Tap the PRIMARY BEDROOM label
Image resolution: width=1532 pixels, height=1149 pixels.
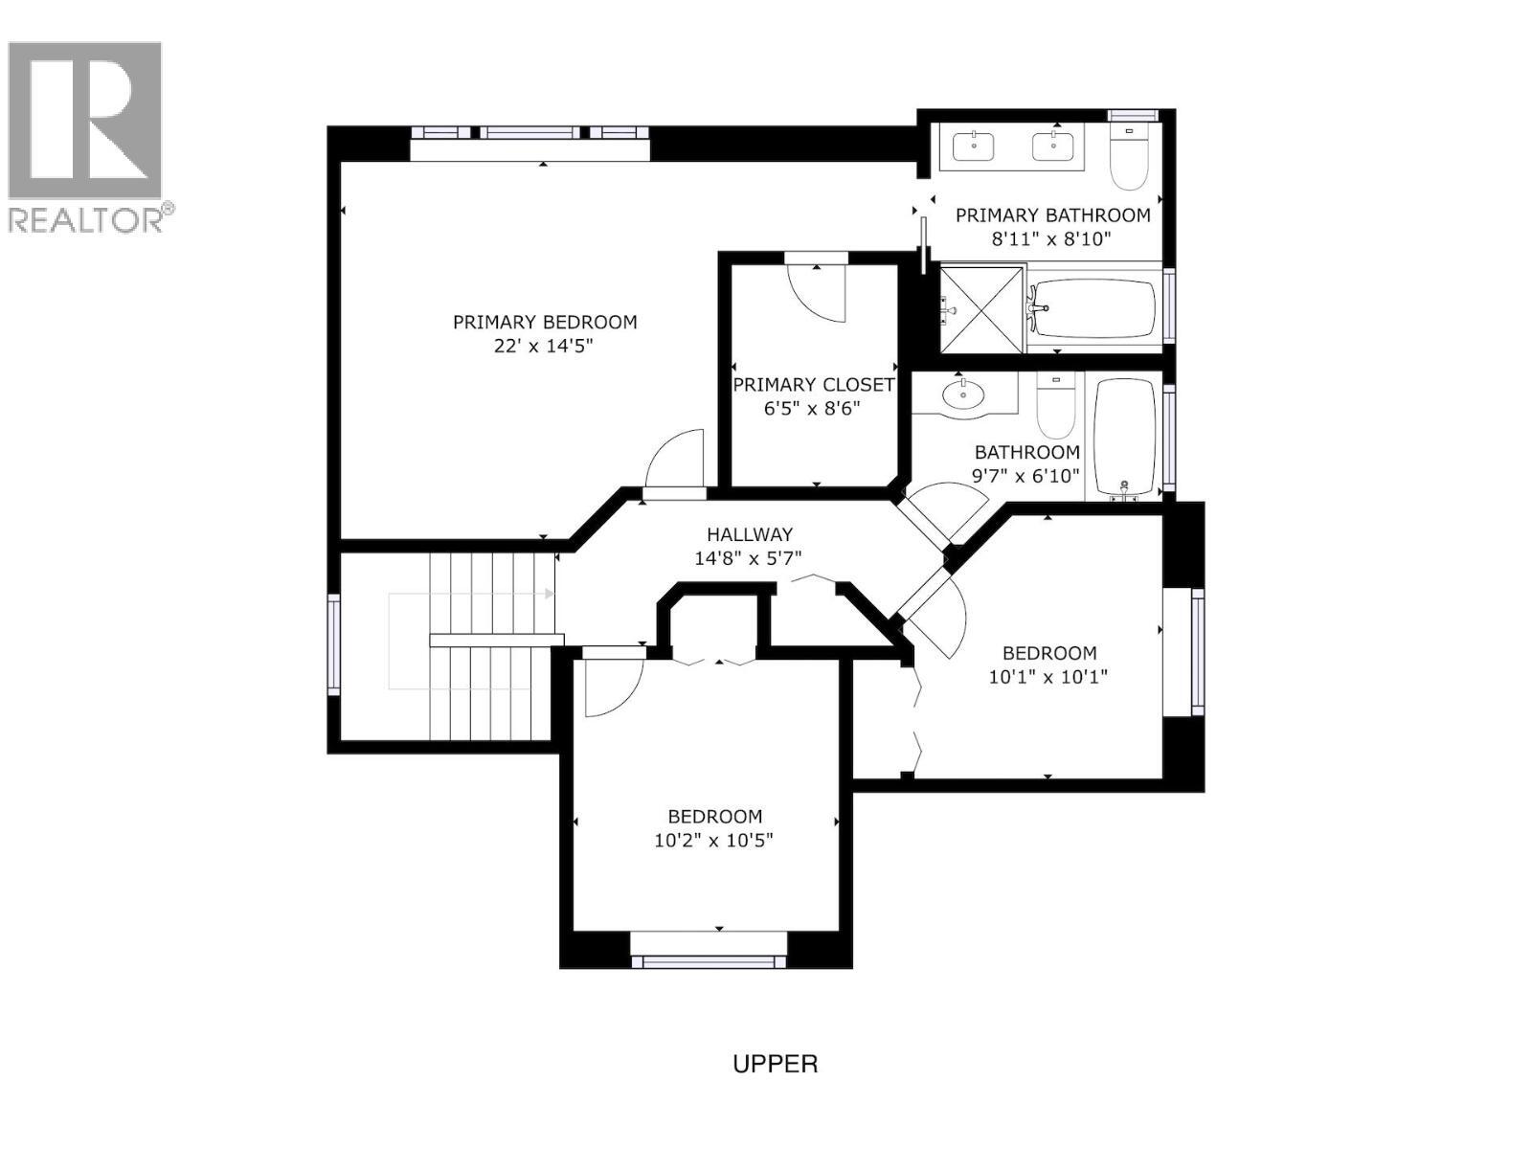(544, 322)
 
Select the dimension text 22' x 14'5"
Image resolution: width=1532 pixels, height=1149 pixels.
(544, 346)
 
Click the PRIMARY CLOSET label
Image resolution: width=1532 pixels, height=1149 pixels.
(813, 385)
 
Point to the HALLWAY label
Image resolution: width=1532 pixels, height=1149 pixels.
(749, 534)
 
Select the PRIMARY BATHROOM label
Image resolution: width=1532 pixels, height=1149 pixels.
(1052, 215)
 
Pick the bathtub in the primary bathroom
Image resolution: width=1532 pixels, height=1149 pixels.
(1093, 308)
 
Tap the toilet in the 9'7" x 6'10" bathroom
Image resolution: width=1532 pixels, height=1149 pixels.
(1054, 407)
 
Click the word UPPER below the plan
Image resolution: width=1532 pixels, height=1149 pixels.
(775, 1064)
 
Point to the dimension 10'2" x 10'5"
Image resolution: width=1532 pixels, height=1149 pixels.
(713, 841)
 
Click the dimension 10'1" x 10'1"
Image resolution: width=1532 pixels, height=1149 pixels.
(1048, 677)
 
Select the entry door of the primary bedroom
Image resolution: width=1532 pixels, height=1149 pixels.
(676, 463)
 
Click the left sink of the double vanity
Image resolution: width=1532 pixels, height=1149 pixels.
(974, 146)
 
